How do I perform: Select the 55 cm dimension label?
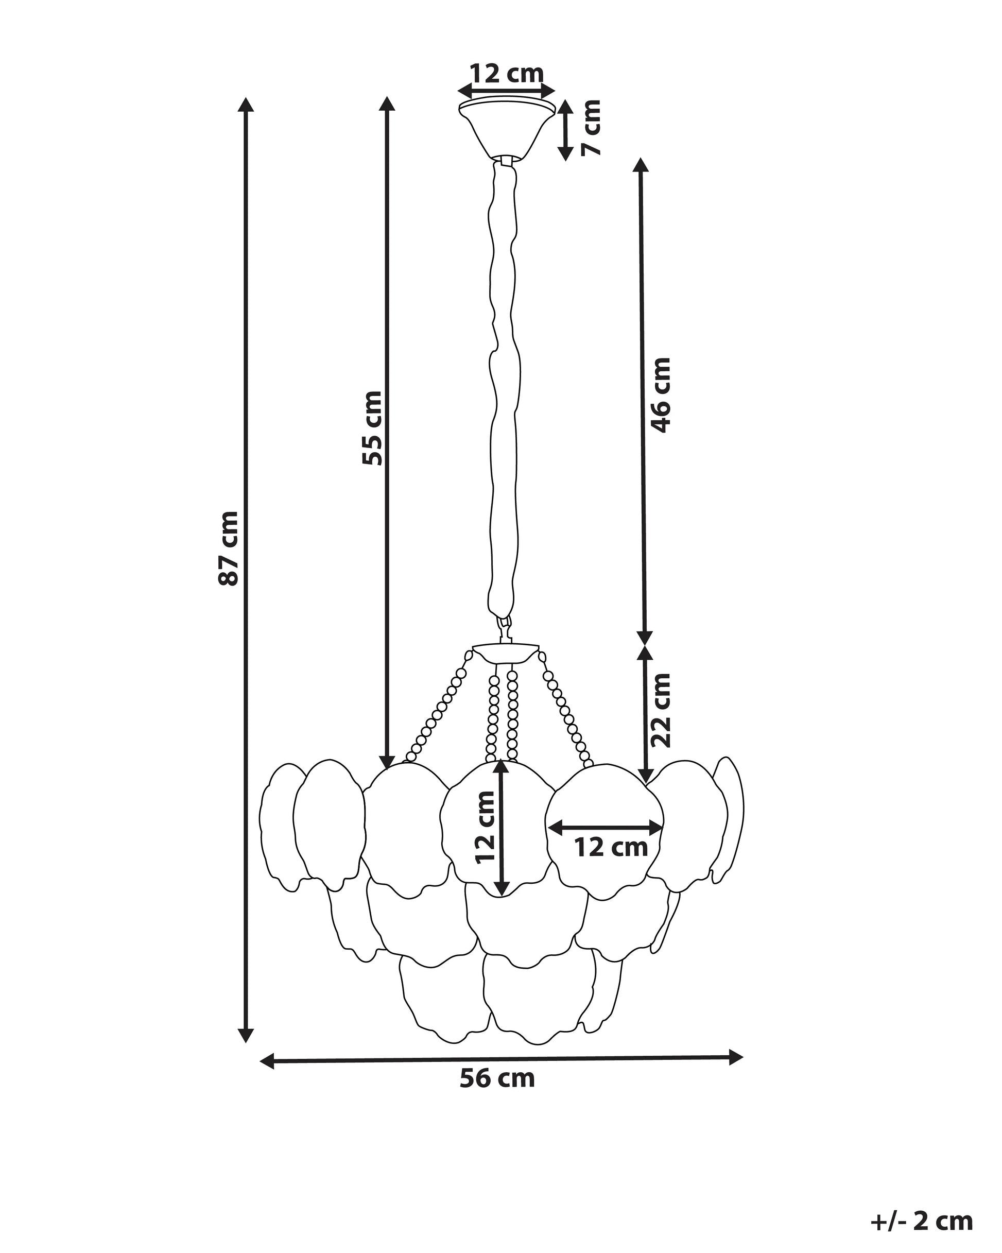pyautogui.click(x=372, y=428)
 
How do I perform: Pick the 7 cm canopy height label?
pyautogui.click(x=592, y=127)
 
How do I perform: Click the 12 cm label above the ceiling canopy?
pyautogui.click(x=507, y=74)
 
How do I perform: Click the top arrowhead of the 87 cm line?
pyautogui.click(x=247, y=105)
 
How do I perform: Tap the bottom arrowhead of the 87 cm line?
pyautogui.click(x=247, y=1051)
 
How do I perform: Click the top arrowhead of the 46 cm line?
pyautogui.click(x=641, y=165)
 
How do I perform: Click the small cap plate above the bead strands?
pyautogui.click(x=506, y=651)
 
